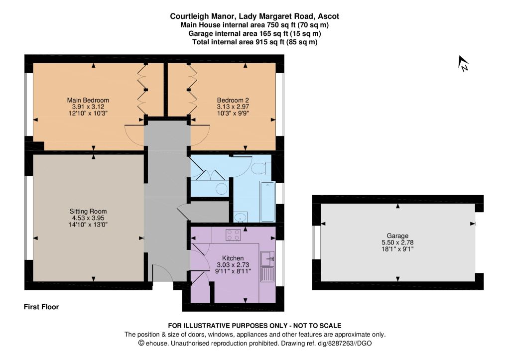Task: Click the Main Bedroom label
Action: click(88, 100)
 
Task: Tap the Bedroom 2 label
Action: click(233, 100)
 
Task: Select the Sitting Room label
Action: click(88, 212)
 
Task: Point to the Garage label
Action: click(397, 236)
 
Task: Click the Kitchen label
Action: click(233, 258)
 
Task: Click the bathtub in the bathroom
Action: click(267, 202)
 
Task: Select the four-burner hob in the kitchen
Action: click(234, 235)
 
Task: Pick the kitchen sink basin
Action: click(267, 259)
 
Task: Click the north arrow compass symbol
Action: click(463, 64)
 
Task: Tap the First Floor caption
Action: click(41, 307)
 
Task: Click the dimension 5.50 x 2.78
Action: click(397, 242)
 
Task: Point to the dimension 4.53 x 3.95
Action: click(88, 218)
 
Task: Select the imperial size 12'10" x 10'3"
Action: click(88, 113)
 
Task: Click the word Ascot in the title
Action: click(329, 16)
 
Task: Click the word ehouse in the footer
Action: click(157, 343)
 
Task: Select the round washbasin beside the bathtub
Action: click(241, 217)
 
